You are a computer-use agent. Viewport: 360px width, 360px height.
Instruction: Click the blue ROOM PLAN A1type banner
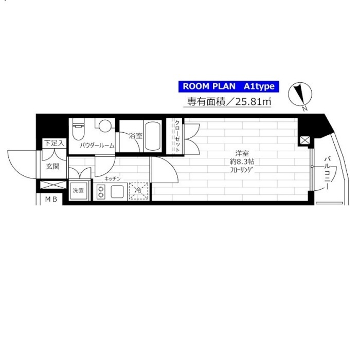(229, 86)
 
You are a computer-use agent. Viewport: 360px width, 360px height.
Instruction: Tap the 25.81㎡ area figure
(253, 102)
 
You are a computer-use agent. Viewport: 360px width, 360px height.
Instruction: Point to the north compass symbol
(300, 94)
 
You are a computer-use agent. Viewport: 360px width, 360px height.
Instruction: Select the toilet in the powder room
(78, 129)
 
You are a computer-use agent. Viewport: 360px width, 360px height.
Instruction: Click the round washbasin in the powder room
(105, 125)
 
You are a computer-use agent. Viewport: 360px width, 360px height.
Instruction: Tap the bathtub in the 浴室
(153, 136)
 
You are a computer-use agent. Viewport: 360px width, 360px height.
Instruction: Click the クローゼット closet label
(177, 136)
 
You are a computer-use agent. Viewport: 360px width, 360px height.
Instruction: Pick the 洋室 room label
(242, 153)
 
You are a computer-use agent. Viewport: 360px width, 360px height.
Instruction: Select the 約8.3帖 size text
(242, 162)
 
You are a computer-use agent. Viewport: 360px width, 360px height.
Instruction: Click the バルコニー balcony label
(328, 173)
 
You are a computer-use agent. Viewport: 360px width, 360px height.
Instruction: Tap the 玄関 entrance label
(53, 166)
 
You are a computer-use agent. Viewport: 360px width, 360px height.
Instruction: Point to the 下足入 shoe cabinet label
(54, 143)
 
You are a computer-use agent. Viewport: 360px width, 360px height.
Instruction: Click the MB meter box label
(51, 200)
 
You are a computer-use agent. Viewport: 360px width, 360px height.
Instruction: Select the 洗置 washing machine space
(78, 191)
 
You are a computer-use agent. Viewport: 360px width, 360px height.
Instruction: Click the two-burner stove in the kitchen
(101, 192)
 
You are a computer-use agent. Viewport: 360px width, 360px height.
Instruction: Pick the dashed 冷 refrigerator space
(139, 191)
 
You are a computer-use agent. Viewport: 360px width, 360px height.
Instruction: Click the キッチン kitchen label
(113, 179)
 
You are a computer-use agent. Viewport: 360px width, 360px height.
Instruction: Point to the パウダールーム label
(97, 146)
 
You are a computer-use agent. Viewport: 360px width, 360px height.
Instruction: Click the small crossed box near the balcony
(305, 140)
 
